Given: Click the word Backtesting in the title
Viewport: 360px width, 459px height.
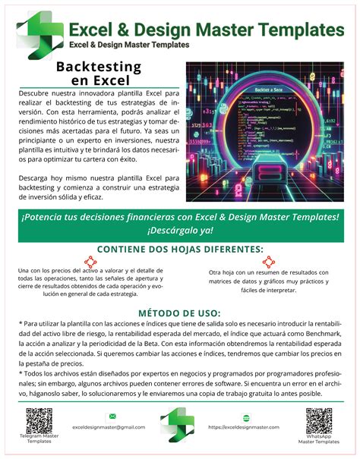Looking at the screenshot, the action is point(99,67).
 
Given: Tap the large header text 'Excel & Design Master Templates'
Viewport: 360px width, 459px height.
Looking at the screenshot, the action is point(206,29).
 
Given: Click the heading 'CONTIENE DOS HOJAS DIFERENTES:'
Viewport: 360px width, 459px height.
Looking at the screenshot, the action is point(181,249).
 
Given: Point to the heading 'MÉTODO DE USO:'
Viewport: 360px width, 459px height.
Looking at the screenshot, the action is point(180,312).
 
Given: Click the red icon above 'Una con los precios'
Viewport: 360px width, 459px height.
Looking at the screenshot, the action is point(90,263).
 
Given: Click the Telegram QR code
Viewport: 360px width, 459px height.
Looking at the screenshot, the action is point(39,420).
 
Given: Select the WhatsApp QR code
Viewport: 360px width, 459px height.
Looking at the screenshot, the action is point(319,420).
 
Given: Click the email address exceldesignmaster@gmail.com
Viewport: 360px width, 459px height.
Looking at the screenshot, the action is point(109,427).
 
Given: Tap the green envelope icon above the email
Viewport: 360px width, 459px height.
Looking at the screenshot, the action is point(112,417).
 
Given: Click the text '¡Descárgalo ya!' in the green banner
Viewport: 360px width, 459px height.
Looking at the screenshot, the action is point(180,230).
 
